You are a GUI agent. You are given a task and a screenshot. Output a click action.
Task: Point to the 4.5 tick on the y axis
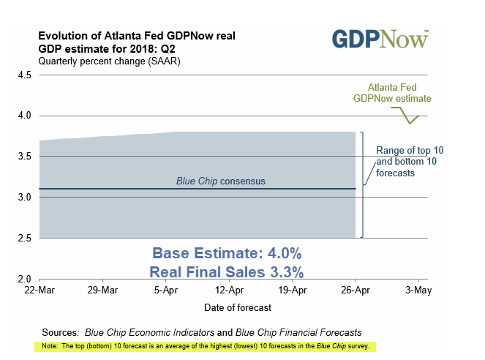(x=23, y=75)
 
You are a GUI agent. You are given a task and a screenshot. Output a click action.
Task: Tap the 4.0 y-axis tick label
(x=23, y=116)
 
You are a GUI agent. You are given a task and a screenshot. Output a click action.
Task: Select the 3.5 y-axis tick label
(x=23, y=157)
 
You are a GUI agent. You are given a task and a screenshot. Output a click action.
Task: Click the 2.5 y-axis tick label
(x=23, y=239)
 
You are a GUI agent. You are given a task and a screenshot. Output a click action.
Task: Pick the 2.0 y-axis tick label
(x=23, y=280)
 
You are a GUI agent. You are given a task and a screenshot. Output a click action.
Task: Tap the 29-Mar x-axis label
(x=102, y=290)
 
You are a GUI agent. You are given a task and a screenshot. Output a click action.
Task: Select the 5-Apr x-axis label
(x=165, y=290)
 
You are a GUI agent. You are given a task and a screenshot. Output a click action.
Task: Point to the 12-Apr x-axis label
(x=228, y=290)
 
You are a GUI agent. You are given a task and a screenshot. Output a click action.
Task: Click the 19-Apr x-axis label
(x=292, y=290)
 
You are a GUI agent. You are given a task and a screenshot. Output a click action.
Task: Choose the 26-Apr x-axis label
(x=355, y=290)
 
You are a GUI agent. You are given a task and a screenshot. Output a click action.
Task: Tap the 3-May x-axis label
(x=418, y=290)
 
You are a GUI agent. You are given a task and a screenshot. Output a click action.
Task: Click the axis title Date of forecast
(x=228, y=306)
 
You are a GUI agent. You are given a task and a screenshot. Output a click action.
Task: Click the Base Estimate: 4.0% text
(x=227, y=253)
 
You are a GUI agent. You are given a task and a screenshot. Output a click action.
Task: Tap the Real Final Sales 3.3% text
(x=227, y=271)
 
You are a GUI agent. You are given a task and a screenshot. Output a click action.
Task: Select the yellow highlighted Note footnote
(x=205, y=345)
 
